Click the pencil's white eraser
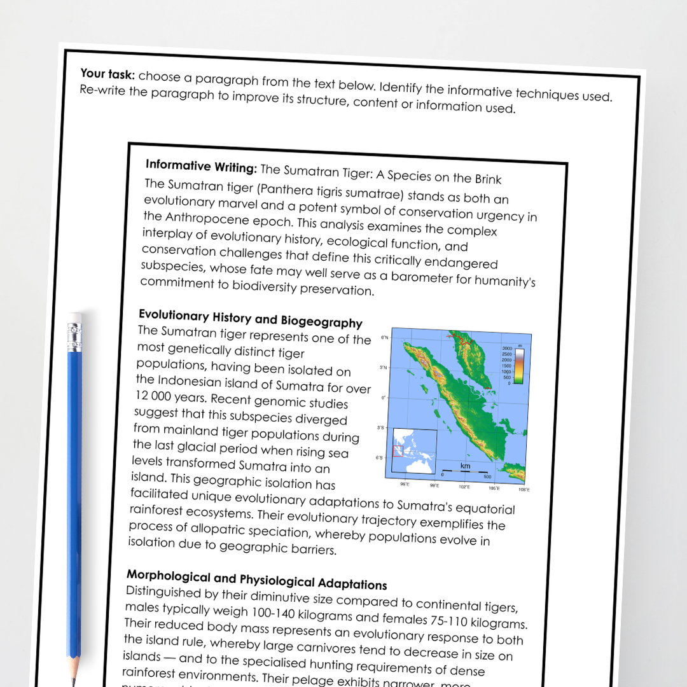click(x=75, y=317)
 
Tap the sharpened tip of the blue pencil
click(x=74, y=679)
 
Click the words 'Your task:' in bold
click(x=108, y=74)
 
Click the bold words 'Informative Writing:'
click(x=201, y=167)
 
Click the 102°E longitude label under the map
click(x=464, y=487)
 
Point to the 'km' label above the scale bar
click(x=465, y=467)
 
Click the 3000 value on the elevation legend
click(x=506, y=349)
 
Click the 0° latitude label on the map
click(x=384, y=398)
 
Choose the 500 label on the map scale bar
click(x=488, y=476)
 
